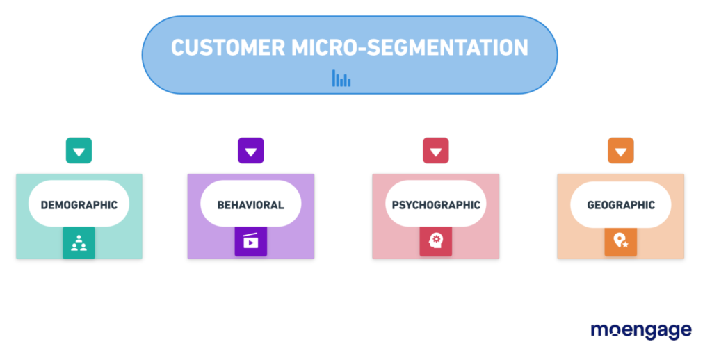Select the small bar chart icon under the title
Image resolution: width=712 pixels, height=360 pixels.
[341, 79]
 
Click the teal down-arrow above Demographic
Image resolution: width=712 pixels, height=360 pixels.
[79, 151]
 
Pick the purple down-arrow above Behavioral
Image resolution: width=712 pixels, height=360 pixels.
[251, 151]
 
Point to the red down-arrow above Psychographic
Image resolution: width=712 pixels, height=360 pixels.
[436, 151]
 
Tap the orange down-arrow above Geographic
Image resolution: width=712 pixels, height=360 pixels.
[621, 151]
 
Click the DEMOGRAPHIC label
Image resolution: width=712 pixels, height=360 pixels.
[79, 205]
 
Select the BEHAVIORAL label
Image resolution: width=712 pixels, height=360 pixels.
[250, 205]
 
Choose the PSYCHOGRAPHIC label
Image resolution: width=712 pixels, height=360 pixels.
[436, 205]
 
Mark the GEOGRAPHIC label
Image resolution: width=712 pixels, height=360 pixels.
[621, 205]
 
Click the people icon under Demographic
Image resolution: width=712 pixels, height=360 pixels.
[79, 243]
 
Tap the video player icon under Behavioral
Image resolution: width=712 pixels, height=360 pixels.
[250, 243]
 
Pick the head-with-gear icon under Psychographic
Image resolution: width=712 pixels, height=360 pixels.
[436, 241]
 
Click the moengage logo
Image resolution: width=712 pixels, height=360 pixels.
[640, 331]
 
